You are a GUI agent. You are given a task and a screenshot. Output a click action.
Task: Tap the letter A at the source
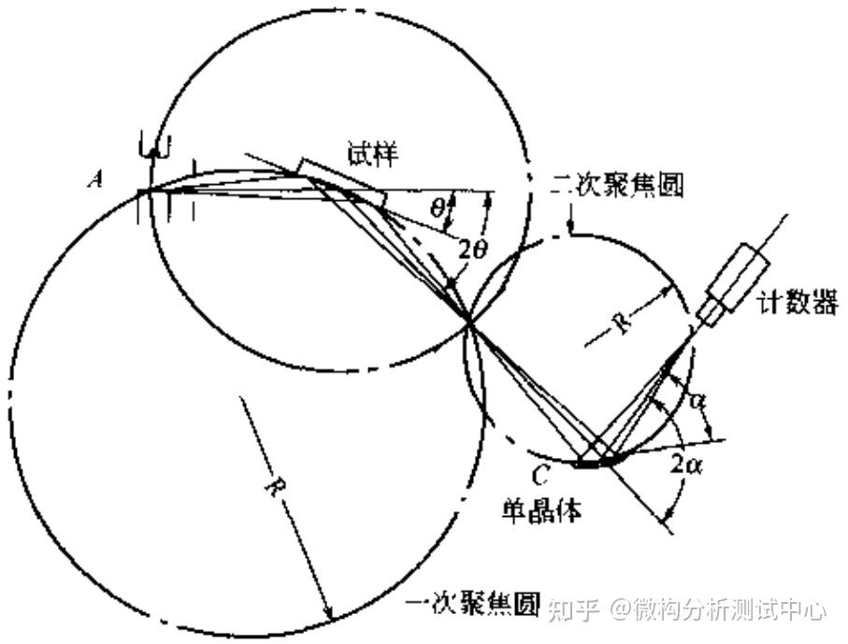95,180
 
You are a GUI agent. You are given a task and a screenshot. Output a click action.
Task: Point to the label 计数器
798,303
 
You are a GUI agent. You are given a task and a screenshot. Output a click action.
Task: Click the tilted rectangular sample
340,184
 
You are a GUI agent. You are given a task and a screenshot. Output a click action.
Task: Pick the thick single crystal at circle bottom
593,462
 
